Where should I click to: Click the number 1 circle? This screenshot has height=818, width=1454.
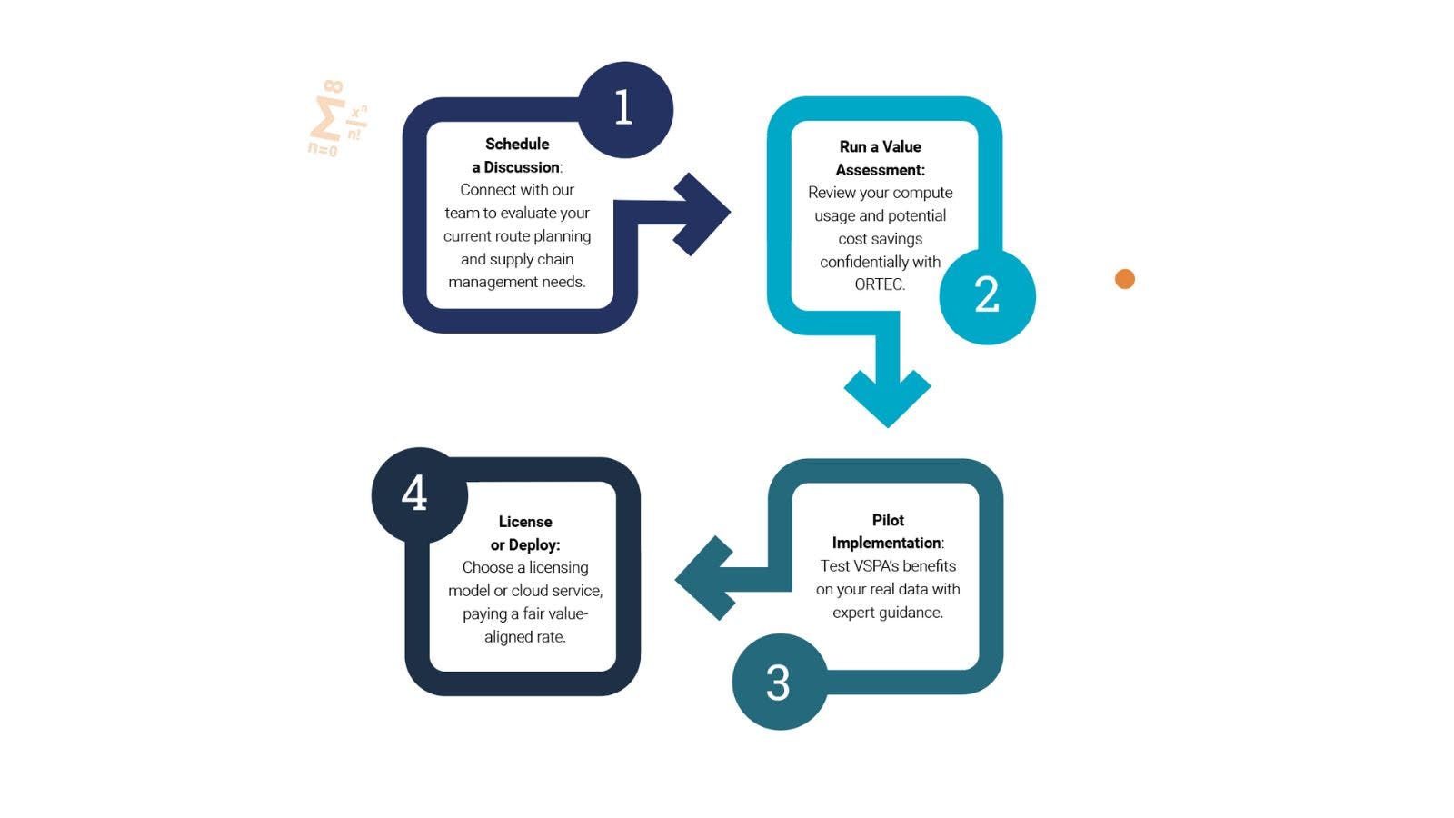coord(625,109)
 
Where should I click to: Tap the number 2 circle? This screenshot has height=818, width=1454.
coord(987,295)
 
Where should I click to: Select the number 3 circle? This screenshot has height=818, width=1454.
coord(779,682)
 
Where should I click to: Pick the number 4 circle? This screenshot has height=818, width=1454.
coord(418,494)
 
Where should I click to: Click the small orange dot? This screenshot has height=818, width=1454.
coord(1125,279)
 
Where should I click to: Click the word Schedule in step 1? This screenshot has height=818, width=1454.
coord(517,144)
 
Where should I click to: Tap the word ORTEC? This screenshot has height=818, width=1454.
coord(879,284)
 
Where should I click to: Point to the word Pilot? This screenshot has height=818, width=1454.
coord(888,520)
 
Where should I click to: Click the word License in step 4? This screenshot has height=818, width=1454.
coord(525,522)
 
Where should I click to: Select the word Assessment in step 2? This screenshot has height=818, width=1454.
coord(879,170)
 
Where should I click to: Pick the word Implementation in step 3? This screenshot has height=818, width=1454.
coord(886,543)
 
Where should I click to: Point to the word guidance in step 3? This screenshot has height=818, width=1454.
coord(911,613)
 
